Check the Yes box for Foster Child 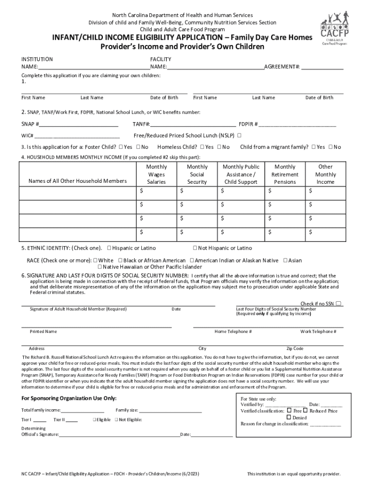[x=121, y=147]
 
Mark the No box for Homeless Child [x=219, y=147]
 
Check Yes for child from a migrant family [x=314, y=147]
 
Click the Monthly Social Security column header [x=197, y=174]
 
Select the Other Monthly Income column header [x=325, y=174]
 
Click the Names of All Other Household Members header [x=78, y=181]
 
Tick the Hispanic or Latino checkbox [x=109, y=248]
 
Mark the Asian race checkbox [x=285, y=260]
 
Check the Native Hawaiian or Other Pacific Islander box [x=100, y=267]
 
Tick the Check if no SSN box [x=339, y=304]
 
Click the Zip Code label [x=294, y=349]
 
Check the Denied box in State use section [x=289, y=418]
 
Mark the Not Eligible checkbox [x=116, y=420]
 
